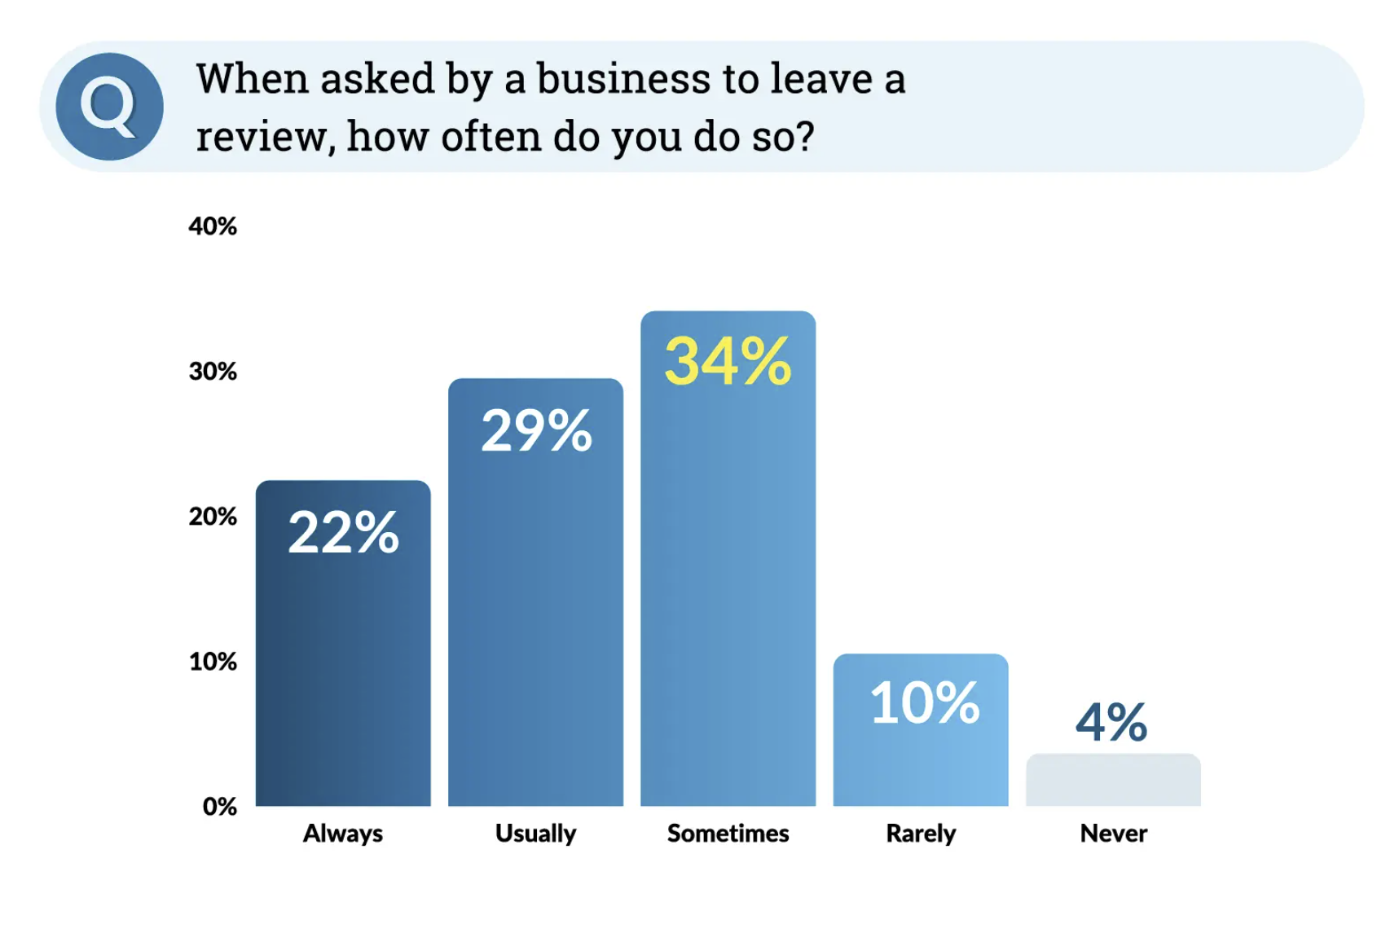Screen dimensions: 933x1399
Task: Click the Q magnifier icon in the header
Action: [x=109, y=107]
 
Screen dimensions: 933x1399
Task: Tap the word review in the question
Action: [x=261, y=136]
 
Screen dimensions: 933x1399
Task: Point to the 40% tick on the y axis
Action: [x=213, y=226]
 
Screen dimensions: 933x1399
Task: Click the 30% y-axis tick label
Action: [x=213, y=372]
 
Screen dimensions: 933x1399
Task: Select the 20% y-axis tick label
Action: [x=213, y=517]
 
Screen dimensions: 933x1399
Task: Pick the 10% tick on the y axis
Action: [x=213, y=662]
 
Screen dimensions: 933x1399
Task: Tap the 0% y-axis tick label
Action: [x=219, y=807]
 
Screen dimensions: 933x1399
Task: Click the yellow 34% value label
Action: [x=728, y=362]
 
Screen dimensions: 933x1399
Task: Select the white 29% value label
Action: [x=536, y=430]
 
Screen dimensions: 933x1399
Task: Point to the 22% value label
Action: [x=343, y=533]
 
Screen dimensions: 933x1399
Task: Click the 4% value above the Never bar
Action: [x=1111, y=722]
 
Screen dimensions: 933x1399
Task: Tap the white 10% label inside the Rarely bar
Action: [x=924, y=702]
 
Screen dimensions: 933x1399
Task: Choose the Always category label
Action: [x=343, y=834]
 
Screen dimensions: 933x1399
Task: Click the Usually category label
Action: [x=536, y=834]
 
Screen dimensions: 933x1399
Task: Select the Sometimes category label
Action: [x=728, y=834]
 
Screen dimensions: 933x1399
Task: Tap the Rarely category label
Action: [x=921, y=834]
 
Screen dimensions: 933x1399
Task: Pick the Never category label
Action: [x=1113, y=834]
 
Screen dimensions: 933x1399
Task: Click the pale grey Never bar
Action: [x=1113, y=781]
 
